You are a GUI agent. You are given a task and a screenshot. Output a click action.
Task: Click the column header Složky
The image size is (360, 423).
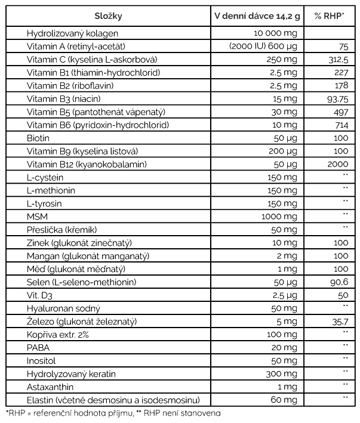108,16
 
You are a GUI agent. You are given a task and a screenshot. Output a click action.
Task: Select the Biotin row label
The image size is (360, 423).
38,138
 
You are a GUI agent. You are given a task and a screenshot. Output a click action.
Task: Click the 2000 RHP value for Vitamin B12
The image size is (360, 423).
337,164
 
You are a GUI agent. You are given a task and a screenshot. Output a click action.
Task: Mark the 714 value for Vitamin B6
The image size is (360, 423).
340,125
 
